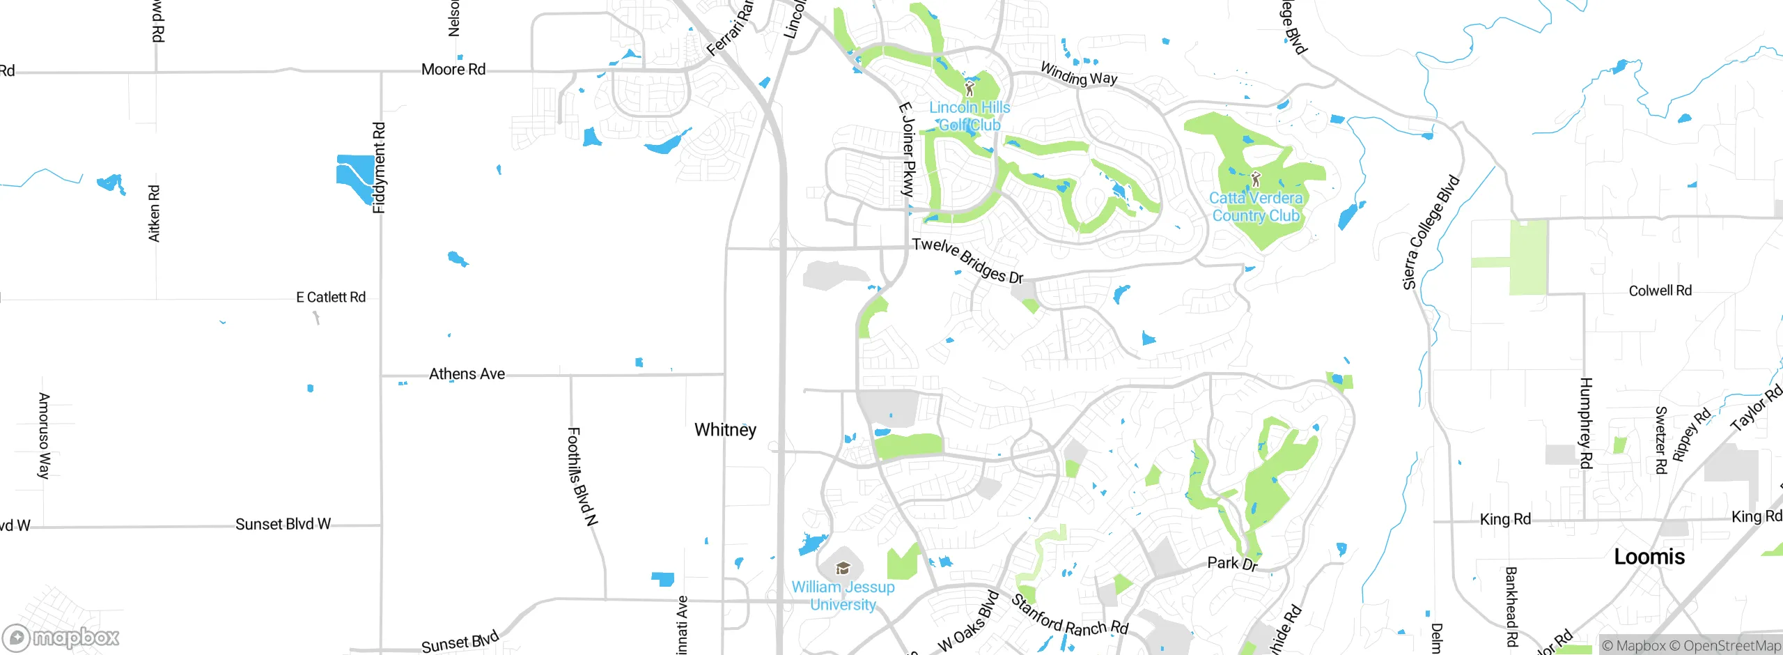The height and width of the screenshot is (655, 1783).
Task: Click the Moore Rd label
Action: (x=453, y=69)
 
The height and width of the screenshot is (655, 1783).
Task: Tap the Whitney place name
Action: (x=725, y=429)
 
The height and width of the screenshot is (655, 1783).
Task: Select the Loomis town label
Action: (x=1649, y=556)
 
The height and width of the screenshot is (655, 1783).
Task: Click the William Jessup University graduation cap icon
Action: (x=843, y=568)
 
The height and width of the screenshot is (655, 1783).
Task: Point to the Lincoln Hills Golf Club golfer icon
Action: (x=970, y=88)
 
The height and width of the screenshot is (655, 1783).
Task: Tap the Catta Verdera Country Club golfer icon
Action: (x=1256, y=179)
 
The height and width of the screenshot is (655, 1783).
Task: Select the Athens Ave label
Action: (x=467, y=374)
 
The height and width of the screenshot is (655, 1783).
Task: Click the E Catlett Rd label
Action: (x=331, y=298)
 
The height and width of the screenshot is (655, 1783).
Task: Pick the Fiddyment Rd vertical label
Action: (x=379, y=168)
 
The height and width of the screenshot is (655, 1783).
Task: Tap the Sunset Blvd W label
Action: (x=283, y=524)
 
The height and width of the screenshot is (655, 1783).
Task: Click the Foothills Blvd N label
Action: (x=582, y=476)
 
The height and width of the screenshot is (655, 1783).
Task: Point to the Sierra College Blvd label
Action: (x=1431, y=232)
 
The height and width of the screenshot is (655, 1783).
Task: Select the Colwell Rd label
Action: (x=1660, y=291)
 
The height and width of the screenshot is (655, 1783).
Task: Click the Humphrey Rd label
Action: (x=1586, y=423)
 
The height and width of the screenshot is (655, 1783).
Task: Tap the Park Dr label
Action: (x=1232, y=563)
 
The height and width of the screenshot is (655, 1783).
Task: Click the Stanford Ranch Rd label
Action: (x=1069, y=617)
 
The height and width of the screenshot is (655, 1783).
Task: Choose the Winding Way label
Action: (x=1078, y=73)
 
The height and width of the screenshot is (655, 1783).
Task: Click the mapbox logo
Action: (x=61, y=637)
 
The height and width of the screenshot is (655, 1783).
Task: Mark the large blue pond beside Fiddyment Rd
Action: (x=356, y=176)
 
